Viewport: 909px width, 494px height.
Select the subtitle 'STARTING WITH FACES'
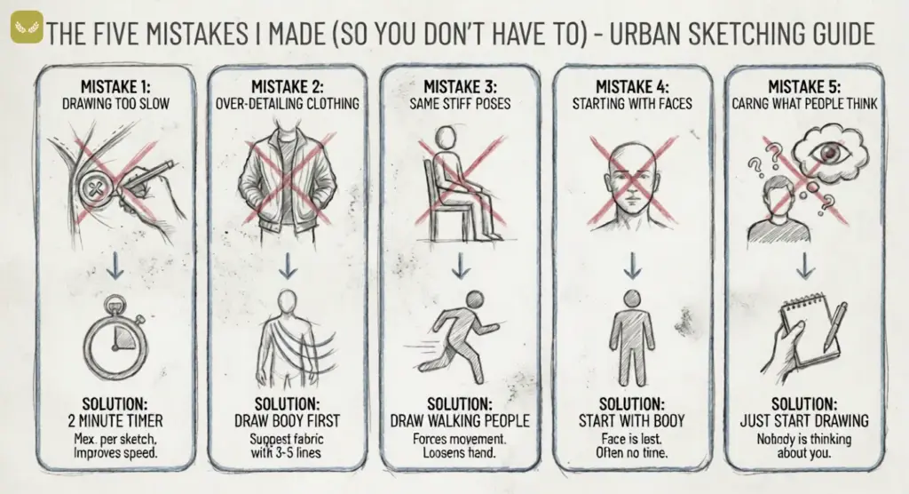click(x=631, y=103)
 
